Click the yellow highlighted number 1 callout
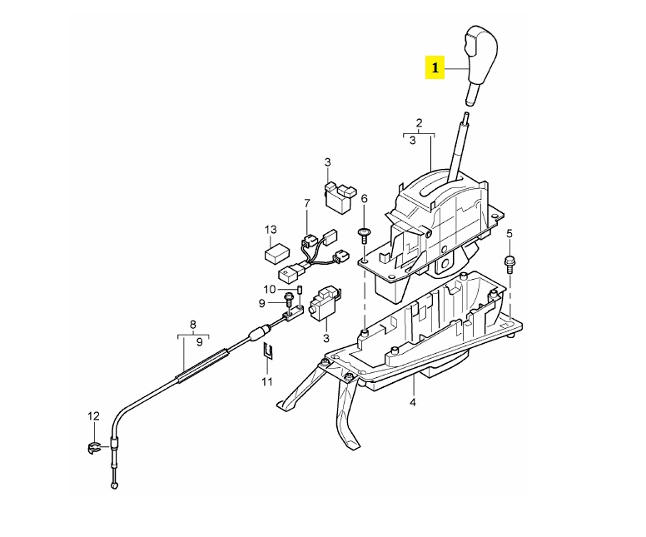435,68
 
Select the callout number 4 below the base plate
413,402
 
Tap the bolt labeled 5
509,265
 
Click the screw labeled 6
364,236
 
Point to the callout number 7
306,203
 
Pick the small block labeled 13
277,252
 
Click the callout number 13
271,229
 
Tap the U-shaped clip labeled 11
268,351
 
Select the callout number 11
267,381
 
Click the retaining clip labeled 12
93,448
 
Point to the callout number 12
94,415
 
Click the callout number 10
269,289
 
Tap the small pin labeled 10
300,289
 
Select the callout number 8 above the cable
193,325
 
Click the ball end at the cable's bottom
115,486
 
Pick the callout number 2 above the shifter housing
419,122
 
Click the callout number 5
509,234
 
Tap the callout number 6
364,199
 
